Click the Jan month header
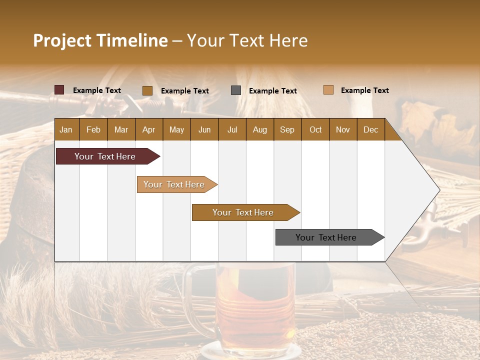point(66,130)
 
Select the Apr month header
point(148,130)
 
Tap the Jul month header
point(232,130)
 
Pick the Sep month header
point(287,130)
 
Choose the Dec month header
point(370,130)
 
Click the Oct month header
point(315,130)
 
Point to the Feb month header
point(93,130)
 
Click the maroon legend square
point(59,90)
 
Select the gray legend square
point(236,90)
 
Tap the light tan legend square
point(328,90)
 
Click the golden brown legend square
point(147,90)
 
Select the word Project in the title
point(62,40)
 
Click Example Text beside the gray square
point(272,91)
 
